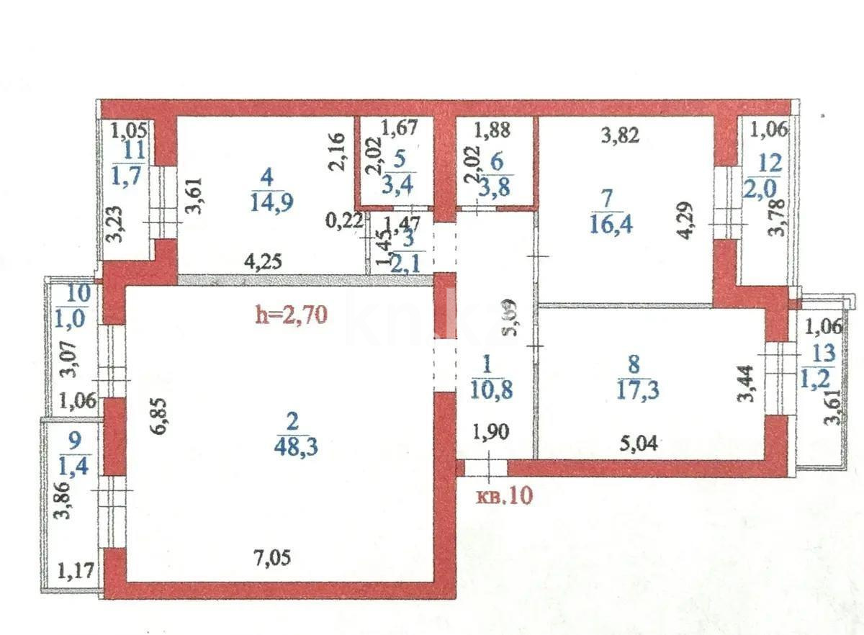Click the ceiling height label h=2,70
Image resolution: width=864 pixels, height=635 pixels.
[x=293, y=315]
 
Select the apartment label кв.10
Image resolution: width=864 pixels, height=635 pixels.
[x=507, y=496]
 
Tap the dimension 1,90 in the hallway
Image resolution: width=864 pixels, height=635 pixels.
[x=492, y=433]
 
